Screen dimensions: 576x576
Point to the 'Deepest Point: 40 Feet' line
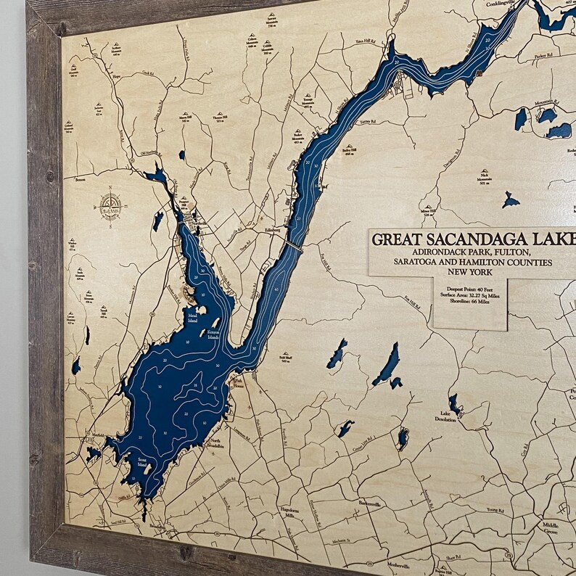pos(469,289)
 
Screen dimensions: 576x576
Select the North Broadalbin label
pos(215,443)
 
